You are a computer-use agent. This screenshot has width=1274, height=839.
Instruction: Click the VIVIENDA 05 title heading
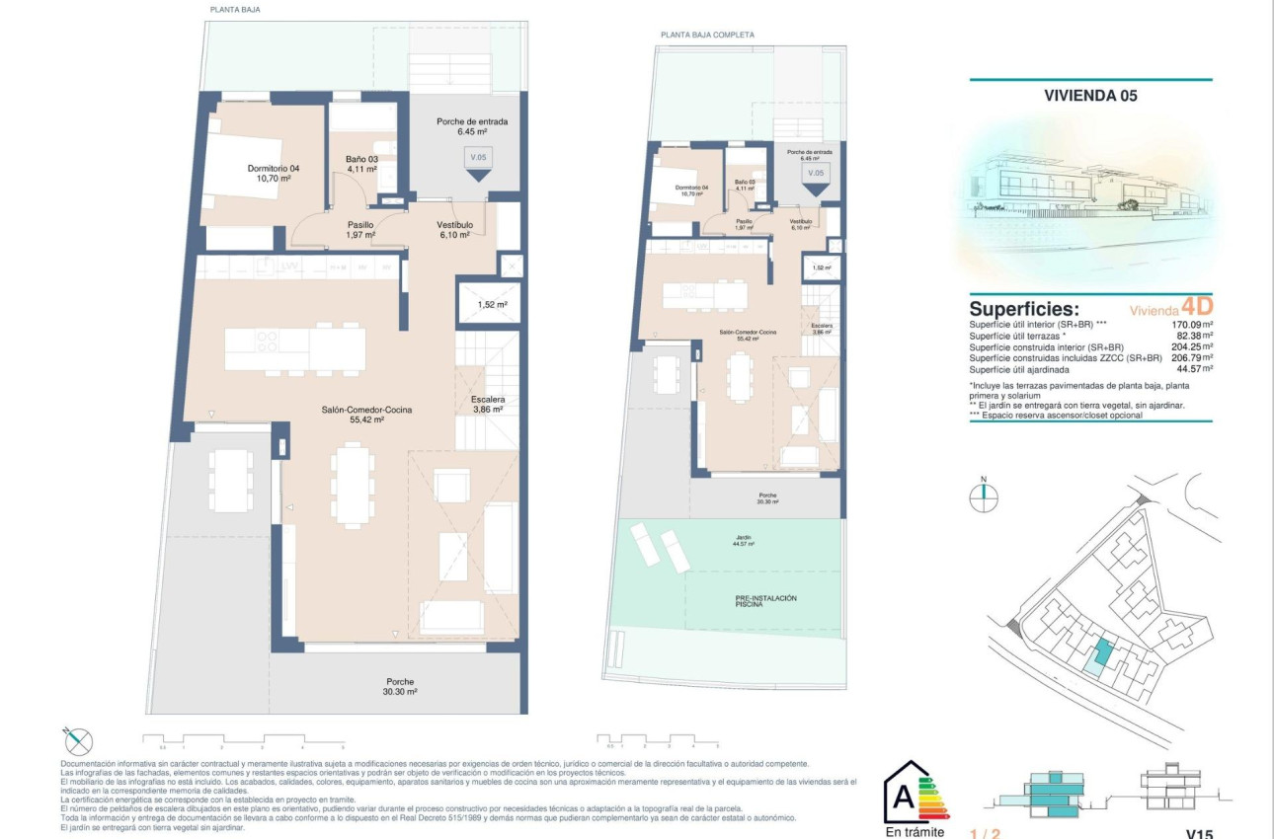(x=1090, y=96)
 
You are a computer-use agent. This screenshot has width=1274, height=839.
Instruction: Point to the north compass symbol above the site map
(x=984, y=496)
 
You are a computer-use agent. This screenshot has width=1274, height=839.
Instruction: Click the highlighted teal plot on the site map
(x=1102, y=652)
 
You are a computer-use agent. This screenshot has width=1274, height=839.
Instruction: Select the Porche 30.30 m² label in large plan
(x=400, y=687)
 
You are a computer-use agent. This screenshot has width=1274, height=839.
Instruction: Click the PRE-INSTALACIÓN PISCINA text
(x=765, y=600)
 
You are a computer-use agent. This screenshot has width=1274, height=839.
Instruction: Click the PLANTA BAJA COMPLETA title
(x=707, y=35)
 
